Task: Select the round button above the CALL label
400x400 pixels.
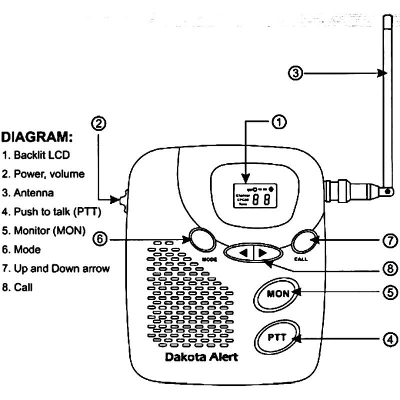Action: click(x=305, y=241)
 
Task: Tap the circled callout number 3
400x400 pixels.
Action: click(x=296, y=73)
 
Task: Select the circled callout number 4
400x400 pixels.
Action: click(x=389, y=339)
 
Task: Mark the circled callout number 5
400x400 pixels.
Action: click(x=389, y=292)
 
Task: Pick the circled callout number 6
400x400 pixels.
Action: click(x=100, y=240)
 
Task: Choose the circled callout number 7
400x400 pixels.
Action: click(x=389, y=240)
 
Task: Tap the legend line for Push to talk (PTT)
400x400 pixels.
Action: click(x=51, y=212)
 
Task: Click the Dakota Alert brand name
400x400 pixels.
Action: click(x=201, y=357)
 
